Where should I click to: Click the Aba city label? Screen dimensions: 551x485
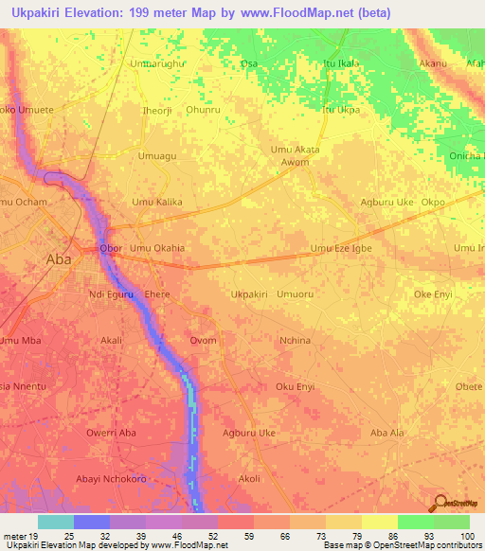click(x=59, y=258)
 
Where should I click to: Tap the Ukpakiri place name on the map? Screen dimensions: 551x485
click(x=251, y=294)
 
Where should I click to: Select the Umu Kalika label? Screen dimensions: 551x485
click(x=156, y=203)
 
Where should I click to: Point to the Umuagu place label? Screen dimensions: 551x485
click(x=157, y=155)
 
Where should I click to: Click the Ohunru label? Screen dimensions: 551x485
click(x=203, y=110)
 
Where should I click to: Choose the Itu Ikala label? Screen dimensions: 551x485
click(x=342, y=63)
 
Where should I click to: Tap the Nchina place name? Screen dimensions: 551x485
click(x=296, y=341)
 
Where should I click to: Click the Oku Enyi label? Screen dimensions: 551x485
click(x=295, y=386)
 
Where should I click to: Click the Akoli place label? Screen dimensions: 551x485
click(x=249, y=478)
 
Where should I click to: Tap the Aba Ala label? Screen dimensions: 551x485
click(x=386, y=433)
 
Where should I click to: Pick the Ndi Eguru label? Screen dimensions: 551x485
click(x=110, y=294)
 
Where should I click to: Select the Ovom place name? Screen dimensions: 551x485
click(x=203, y=341)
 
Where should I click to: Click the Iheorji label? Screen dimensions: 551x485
click(x=156, y=110)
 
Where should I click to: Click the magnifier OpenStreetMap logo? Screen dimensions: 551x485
click(x=440, y=504)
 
